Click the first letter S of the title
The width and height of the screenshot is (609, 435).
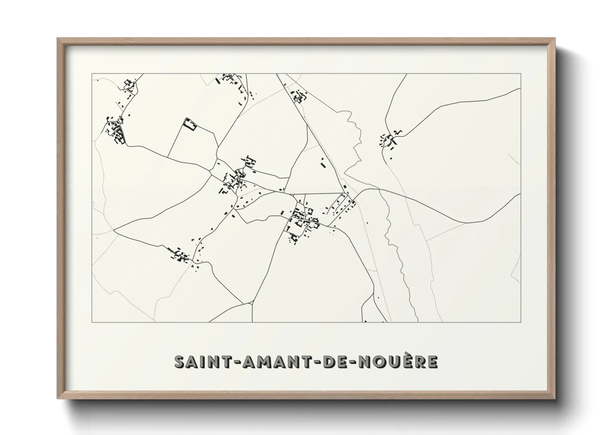pyautogui.click(x=179, y=362)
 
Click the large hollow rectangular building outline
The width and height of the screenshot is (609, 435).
pyautogui.click(x=190, y=124)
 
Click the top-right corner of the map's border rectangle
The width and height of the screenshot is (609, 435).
pyautogui.click(x=521, y=74)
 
